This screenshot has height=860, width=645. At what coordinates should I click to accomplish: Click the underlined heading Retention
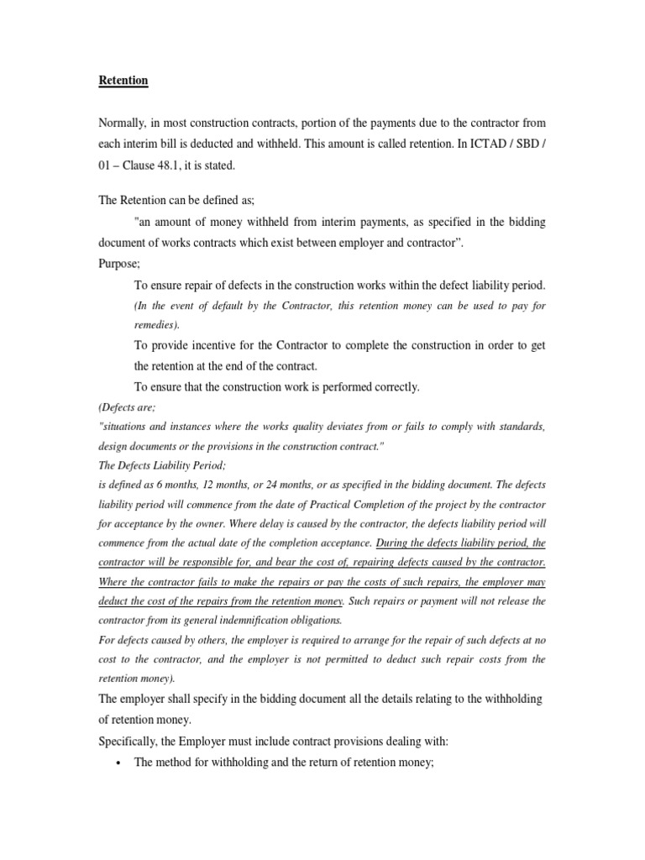[123, 81]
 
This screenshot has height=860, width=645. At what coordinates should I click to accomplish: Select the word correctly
[391, 387]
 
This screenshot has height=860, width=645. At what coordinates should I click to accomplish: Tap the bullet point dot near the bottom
[116, 763]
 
